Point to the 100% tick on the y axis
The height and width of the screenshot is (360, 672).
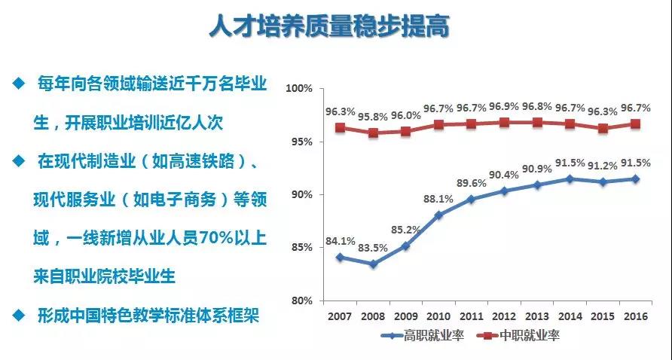(x=299, y=89)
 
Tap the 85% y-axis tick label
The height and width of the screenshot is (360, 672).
(x=301, y=248)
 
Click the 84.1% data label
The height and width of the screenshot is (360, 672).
(x=340, y=242)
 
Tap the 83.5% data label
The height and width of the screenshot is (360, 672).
(x=372, y=249)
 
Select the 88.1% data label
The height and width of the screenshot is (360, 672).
(x=438, y=200)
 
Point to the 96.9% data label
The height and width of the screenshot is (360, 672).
(x=505, y=105)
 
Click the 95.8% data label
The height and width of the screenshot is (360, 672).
(x=372, y=117)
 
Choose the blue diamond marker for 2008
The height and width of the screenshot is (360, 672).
(x=372, y=264)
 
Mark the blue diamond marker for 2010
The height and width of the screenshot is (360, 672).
(x=438, y=215)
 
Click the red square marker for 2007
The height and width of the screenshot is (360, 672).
(x=340, y=128)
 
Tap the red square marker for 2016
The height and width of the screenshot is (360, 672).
(x=635, y=124)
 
